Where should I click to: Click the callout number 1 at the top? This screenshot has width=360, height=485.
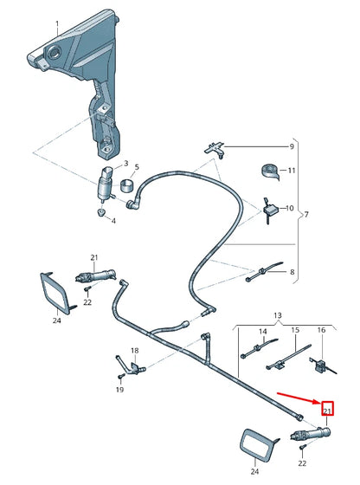tap(57, 23)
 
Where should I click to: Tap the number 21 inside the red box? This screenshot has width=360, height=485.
tap(327, 408)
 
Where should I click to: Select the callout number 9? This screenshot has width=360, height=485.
tap(291, 146)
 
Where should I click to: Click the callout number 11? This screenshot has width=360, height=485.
tap(292, 171)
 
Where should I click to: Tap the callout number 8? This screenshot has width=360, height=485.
tap(291, 273)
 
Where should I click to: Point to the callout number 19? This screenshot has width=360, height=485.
tap(119, 391)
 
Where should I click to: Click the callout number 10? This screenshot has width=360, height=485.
tap(291, 208)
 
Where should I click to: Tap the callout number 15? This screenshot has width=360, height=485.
tap(294, 331)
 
